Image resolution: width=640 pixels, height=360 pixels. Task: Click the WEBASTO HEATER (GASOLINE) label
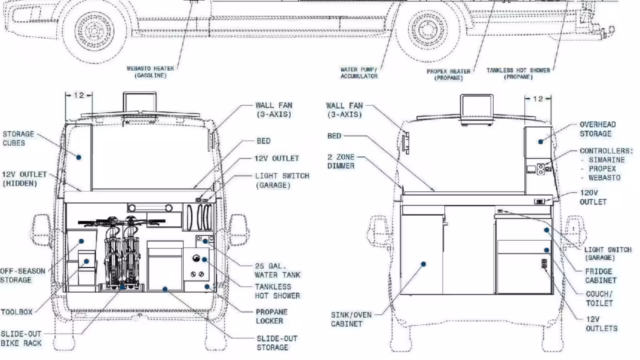[150, 71]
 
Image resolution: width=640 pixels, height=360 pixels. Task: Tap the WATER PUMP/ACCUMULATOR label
[359, 72]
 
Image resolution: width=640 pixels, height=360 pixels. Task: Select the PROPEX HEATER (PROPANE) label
[448, 74]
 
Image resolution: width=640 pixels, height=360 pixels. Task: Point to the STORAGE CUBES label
[19, 138]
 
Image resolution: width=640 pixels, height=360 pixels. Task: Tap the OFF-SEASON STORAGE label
[23, 276]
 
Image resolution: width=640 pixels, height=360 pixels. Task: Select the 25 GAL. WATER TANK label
[277, 270]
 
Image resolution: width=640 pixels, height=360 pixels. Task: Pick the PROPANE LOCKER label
[271, 316]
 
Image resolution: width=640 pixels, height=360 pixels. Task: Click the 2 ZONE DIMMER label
[341, 161]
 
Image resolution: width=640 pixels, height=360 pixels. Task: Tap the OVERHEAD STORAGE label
[597, 129]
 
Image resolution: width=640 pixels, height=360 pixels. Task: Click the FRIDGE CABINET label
[600, 276]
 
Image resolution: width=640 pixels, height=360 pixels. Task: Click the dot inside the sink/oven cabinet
[423, 264]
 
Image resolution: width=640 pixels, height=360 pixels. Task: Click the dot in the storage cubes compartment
[79, 157]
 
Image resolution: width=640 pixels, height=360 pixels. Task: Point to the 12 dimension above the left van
[79, 95]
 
